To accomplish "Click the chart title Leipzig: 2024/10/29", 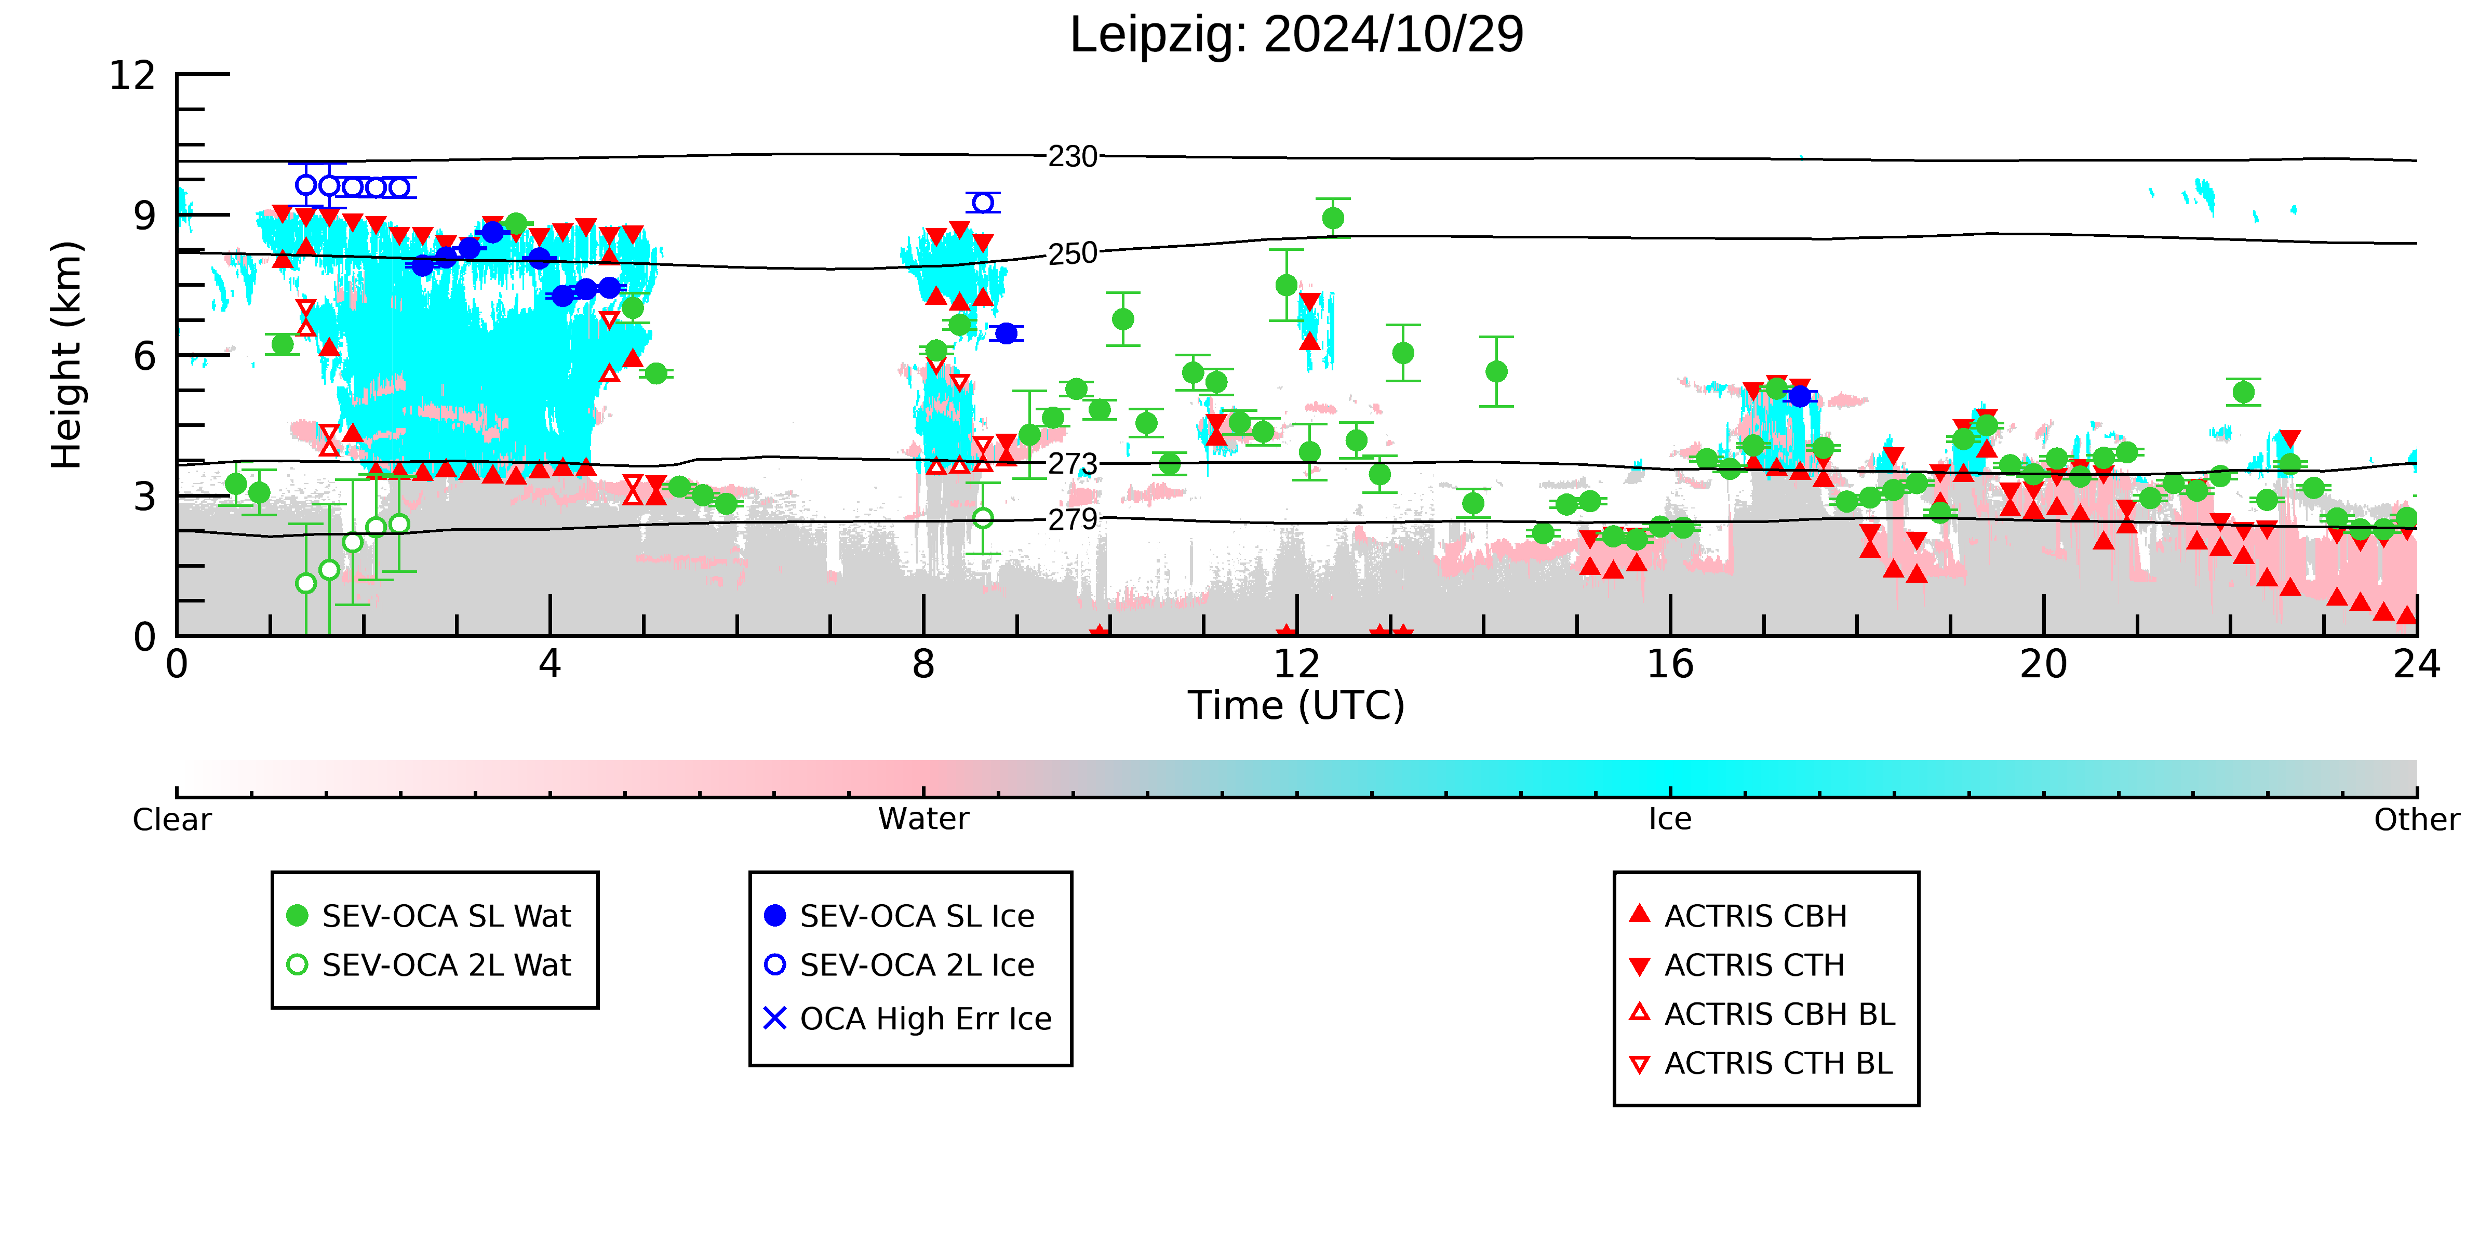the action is click(1296, 35).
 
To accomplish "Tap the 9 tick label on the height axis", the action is click(144, 216).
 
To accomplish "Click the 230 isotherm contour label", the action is click(1073, 157).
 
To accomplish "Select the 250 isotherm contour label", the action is click(1073, 253).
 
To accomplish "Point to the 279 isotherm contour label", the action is click(1073, 519).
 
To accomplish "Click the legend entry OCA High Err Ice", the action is click(907, 1019).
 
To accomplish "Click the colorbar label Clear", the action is click(172, 820).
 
